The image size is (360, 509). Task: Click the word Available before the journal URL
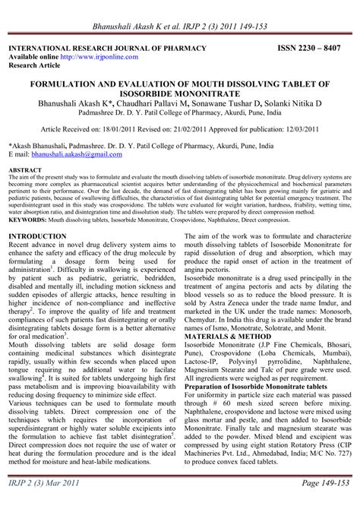pyautogui.click(x=24, y=56)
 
